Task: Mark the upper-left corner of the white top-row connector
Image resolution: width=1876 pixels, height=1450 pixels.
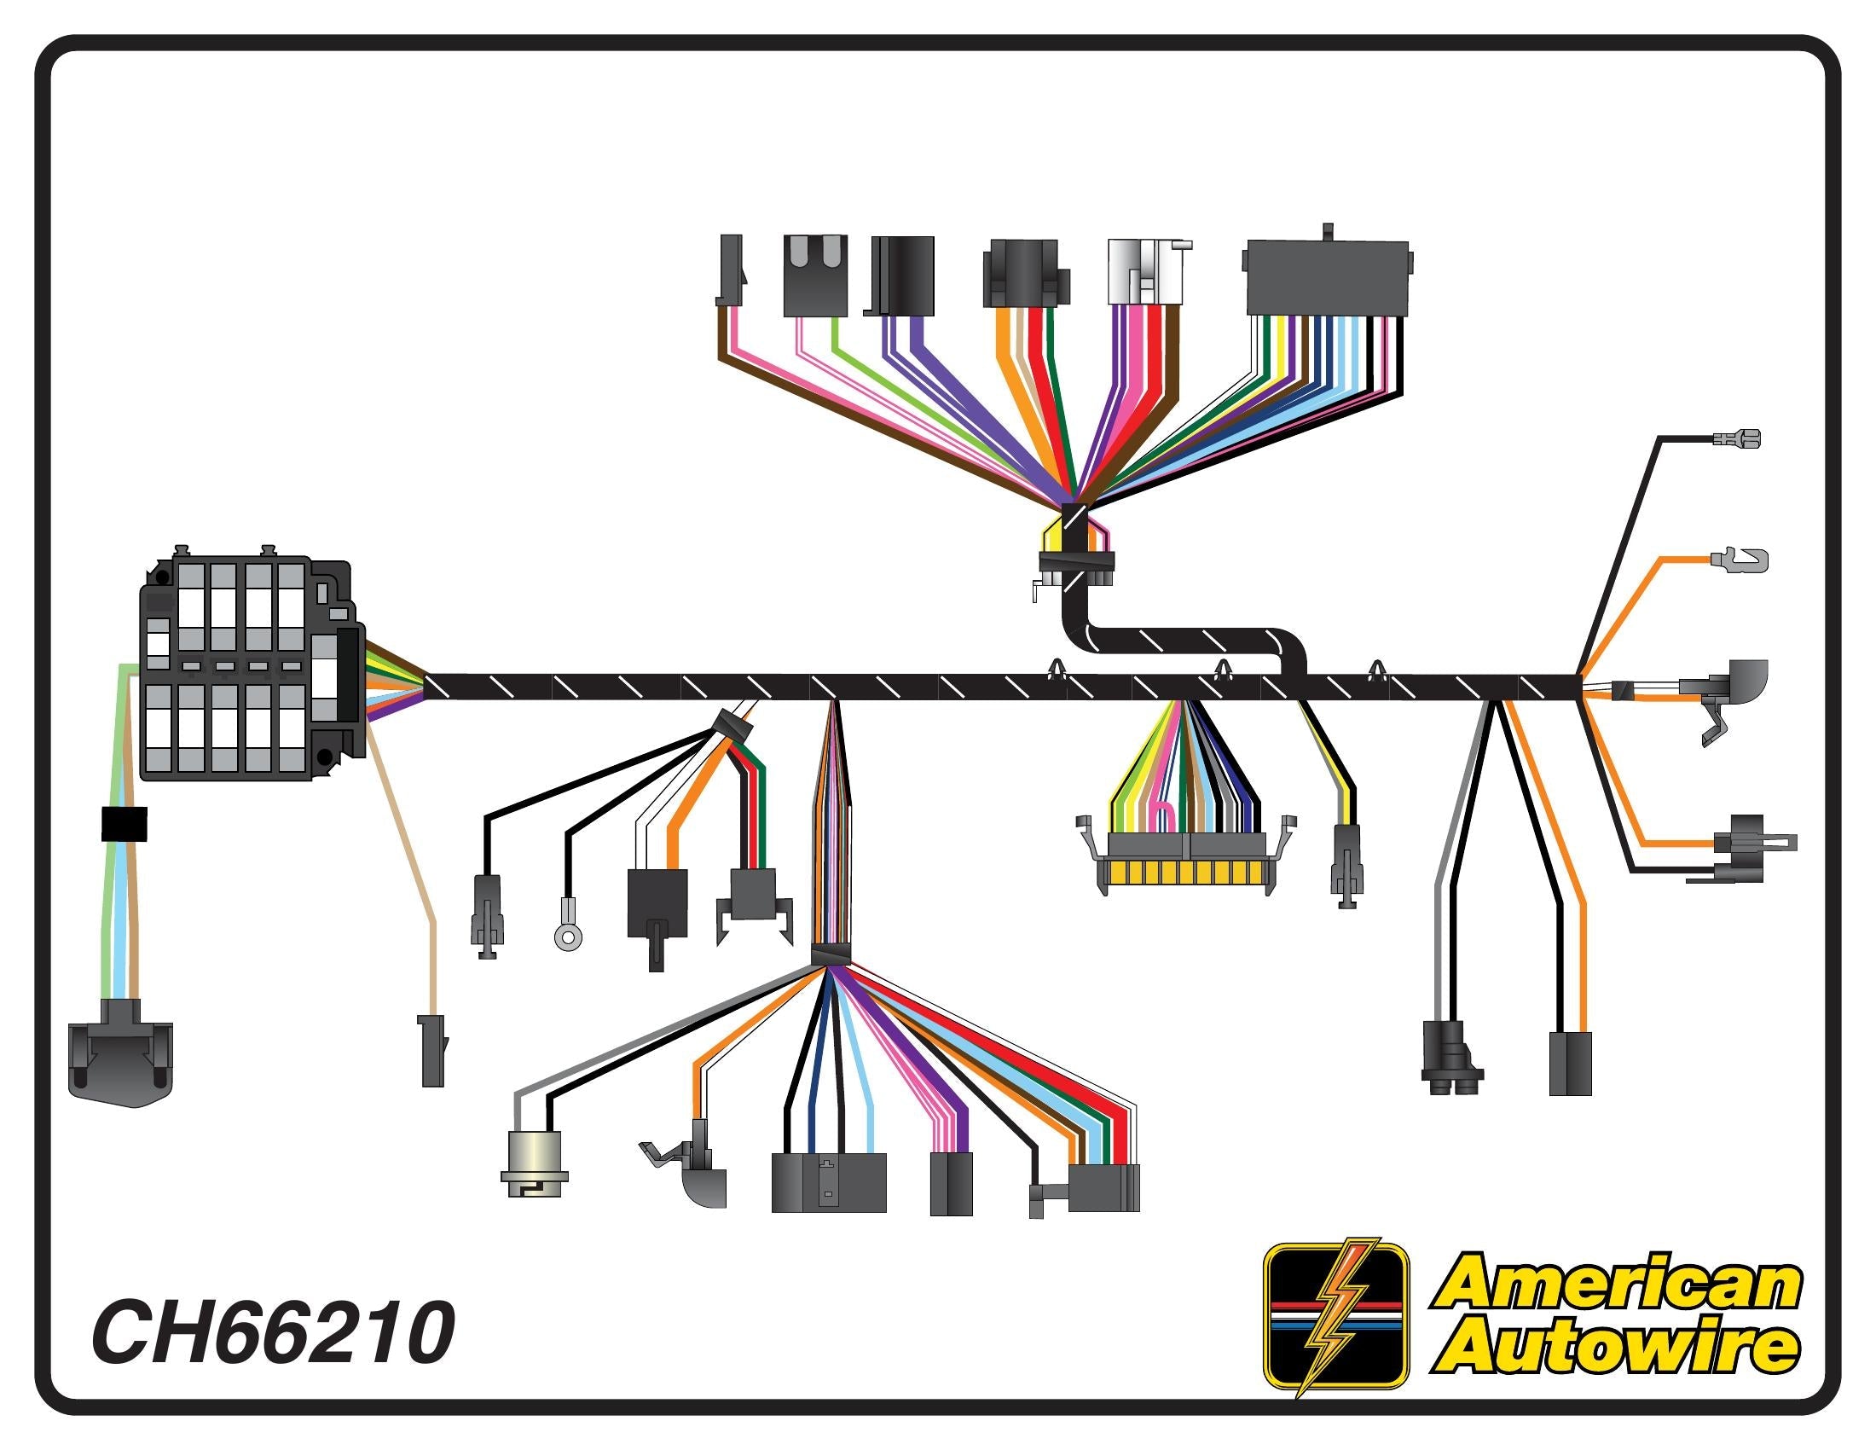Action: tap(1109, 240)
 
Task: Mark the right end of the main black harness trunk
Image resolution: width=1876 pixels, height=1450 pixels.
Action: tap(1578, 687)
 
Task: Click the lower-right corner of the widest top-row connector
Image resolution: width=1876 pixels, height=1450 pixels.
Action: tap(1409, 315)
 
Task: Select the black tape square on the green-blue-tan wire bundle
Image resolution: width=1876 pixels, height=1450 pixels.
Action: tap(124, 824)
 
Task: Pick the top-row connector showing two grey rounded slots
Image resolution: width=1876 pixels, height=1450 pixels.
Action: tap(815, 275)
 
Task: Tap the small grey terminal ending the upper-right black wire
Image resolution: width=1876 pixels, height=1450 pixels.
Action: tap(1735, 441)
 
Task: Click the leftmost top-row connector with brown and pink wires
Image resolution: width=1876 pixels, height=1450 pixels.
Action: tap(729, 270)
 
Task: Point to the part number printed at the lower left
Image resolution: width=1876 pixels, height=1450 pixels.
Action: tap(273, 1333)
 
